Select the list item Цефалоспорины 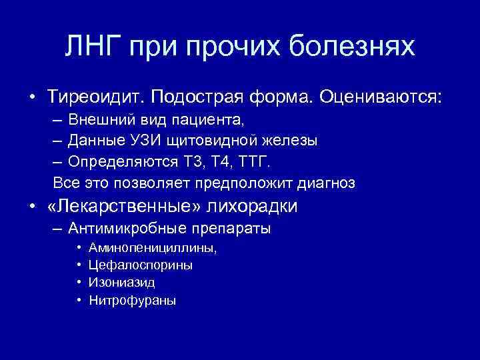coord(141,265)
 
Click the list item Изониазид coord(122,283)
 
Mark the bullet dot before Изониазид coord(79,283)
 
